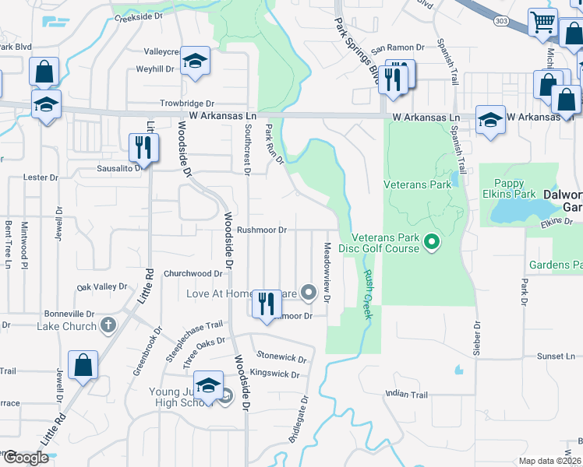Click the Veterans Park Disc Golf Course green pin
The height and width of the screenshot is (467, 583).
[x=432, y=244]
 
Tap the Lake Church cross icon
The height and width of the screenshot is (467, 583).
[x=108, y=325]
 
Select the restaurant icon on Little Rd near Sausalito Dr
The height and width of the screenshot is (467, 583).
[x=143, y=146]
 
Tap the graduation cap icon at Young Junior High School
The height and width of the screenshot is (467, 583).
[x=209, y=385]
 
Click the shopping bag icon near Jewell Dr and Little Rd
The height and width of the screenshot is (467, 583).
[x=83, y=365]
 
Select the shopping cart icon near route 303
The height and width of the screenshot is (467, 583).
[x=542, y=22]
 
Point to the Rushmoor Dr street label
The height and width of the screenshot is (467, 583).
[x=262, y=230]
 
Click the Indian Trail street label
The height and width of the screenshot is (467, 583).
[x=407, y=395]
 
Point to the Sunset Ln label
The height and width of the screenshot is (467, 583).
[x=555, y=356]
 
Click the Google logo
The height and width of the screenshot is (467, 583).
[x=26, y=458]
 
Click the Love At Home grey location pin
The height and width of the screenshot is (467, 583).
[x=309, y=293]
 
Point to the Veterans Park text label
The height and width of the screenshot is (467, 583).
[x=417, y=185]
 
